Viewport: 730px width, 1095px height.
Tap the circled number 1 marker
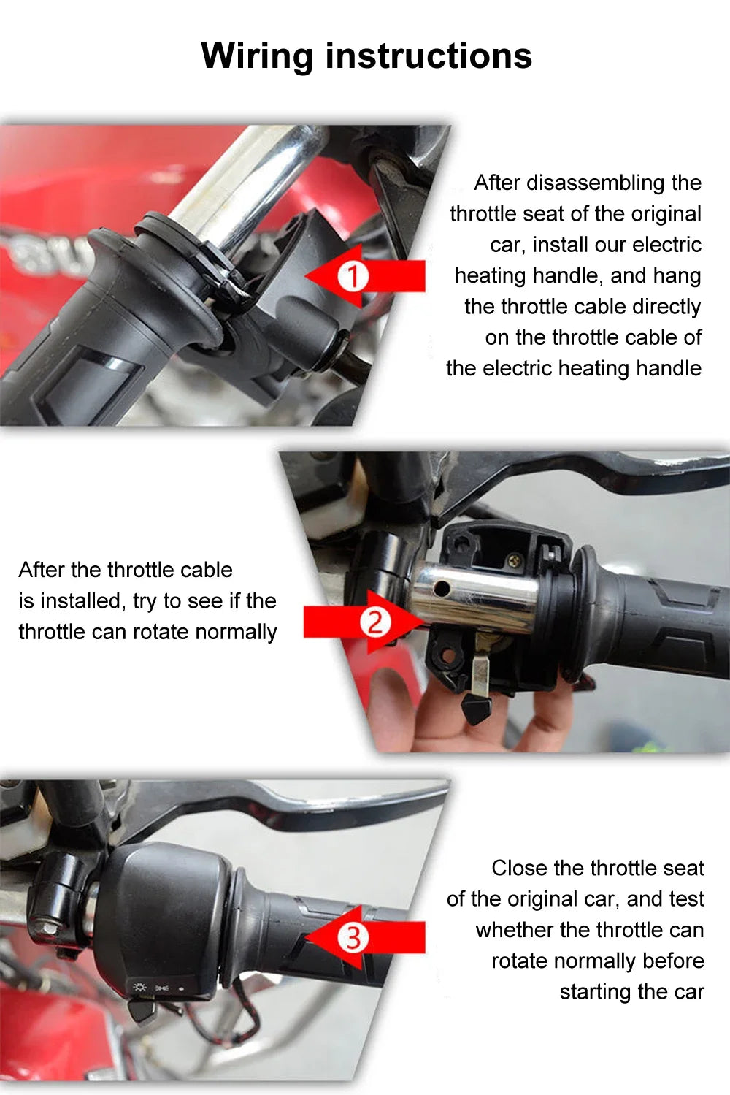(353, 277)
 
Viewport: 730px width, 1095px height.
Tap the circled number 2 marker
(374, 622)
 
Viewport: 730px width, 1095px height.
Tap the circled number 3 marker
(353, 937)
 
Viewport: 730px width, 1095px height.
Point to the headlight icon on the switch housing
(139, 988)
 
